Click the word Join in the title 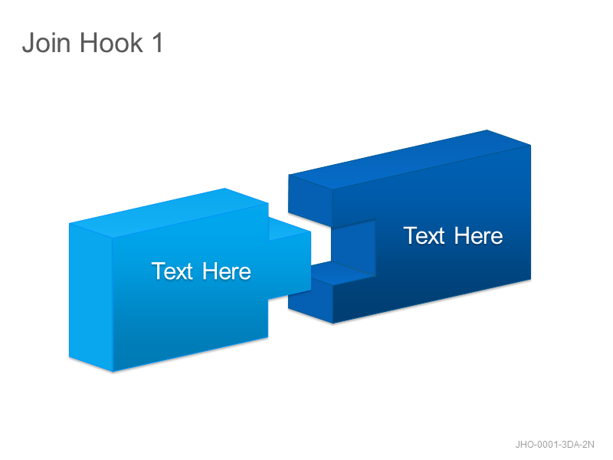coord(47,43)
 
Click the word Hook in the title coord(112,43)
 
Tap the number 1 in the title coord(158,43)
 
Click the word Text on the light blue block coord(172,271)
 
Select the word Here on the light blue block coord(227,271)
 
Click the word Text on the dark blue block coord(425,235)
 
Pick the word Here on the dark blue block coord(478,235)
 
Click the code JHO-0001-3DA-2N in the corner coord(554,445)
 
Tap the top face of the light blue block coord(169,213)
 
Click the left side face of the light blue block coord(91,297)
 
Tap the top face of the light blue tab coord(290,229)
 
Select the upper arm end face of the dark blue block coord(310,201)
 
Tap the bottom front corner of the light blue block coord(113,372)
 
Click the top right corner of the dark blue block coord(531,145)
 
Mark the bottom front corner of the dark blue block coord(333,324)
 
